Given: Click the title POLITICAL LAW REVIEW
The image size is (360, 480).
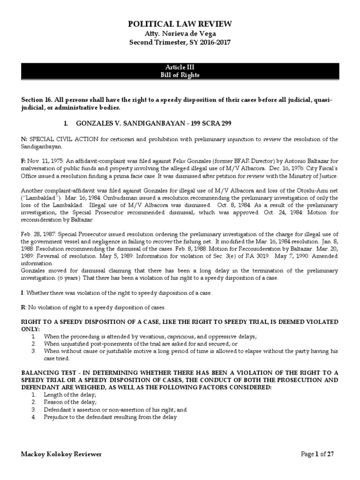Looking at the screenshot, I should [x=180, y=24].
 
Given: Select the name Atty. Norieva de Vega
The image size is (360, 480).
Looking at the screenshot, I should [x=180, y=34].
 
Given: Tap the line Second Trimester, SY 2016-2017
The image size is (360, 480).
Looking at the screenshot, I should [x=180, y=42].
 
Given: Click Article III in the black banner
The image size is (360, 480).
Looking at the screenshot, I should [x=180, y=67].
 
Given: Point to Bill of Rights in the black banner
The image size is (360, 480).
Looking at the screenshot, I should [x=180, y=75].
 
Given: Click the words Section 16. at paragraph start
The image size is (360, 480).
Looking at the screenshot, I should [x=38, y=100].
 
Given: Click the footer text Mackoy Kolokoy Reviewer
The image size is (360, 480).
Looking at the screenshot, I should [x=61, y=454].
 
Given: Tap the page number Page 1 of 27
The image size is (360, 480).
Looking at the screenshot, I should [x=317, y=454].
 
